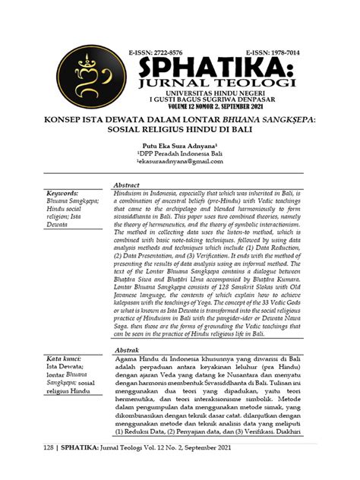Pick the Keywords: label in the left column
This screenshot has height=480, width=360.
point(68,194)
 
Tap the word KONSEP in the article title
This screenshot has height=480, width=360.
point(68,120)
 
